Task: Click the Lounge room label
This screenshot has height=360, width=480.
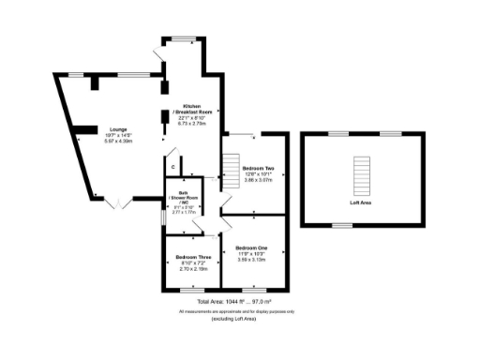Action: click(x=118, y=129)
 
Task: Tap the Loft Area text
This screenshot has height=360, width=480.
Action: click(x=361, y=202)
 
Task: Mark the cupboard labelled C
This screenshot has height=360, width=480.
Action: click(x=173, y=166)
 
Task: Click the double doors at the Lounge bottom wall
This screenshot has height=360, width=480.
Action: click(x=116, y=202)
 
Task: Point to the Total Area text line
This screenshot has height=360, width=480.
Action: click(x=240, y=302)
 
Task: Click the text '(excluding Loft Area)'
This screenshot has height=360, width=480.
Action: click(x=240, y=319)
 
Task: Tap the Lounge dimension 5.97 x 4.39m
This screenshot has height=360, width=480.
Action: click(x=118, y=141)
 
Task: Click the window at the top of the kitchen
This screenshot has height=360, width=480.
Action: click(x=183, y=38)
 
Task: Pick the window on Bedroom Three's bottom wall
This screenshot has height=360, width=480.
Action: click(x=192, y=289)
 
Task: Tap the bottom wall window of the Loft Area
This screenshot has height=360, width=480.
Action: click(x=343, y=225)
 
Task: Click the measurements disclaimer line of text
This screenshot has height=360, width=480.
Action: click(x=240, y=310)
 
